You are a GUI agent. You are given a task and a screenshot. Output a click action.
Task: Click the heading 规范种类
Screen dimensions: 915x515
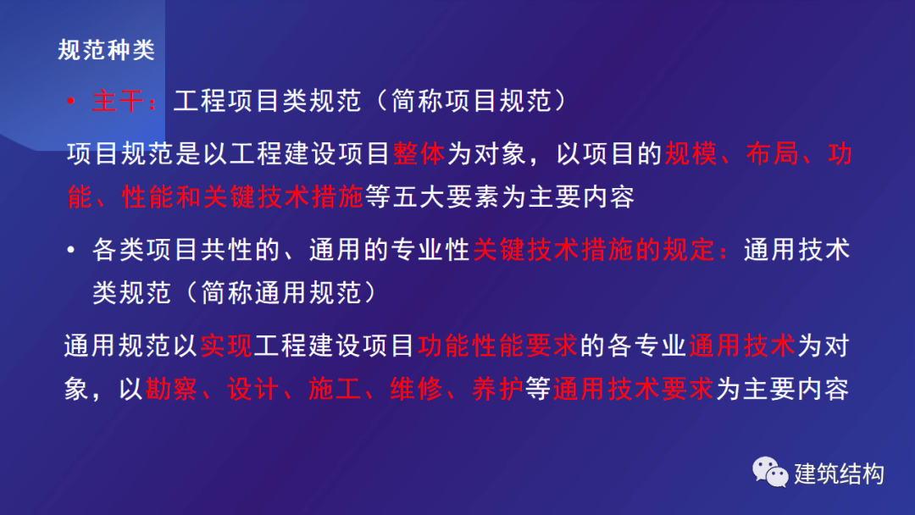[106, 50]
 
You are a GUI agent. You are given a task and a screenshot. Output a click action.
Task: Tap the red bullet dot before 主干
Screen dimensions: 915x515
[70, 102]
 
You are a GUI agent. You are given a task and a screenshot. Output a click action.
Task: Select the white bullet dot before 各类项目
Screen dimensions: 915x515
[70, 250]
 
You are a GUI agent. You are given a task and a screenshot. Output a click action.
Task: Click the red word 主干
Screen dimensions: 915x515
[117, 101]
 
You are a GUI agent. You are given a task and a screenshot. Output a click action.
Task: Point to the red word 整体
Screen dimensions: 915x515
[419, 154]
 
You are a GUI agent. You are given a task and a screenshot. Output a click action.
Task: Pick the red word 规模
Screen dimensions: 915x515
[690, 154]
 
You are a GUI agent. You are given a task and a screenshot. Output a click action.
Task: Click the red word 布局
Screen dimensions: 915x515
[772, 154]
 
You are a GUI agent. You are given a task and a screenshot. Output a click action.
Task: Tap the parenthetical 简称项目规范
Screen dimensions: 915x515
[471, 101]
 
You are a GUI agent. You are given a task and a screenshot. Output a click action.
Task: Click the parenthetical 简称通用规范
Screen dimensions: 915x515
[280, 292]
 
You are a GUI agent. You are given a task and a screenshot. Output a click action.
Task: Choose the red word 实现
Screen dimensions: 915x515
[226, 346]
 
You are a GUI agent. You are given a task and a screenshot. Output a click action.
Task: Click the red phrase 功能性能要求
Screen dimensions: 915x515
[497, 346]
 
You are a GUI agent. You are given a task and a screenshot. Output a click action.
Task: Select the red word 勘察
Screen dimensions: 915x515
[171, 389]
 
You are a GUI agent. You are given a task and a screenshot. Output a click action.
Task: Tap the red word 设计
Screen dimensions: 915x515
[252, 389]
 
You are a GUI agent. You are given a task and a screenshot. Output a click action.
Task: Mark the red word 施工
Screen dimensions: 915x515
[335, 389]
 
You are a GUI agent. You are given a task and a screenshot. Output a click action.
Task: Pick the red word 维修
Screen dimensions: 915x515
[416, 389]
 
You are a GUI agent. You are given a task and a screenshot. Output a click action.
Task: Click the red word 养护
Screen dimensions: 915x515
[497, 389]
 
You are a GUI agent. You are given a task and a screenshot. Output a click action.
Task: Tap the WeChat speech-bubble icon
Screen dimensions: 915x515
[769, 472]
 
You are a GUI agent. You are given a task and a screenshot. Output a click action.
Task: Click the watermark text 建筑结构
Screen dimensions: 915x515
[839, 473]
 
